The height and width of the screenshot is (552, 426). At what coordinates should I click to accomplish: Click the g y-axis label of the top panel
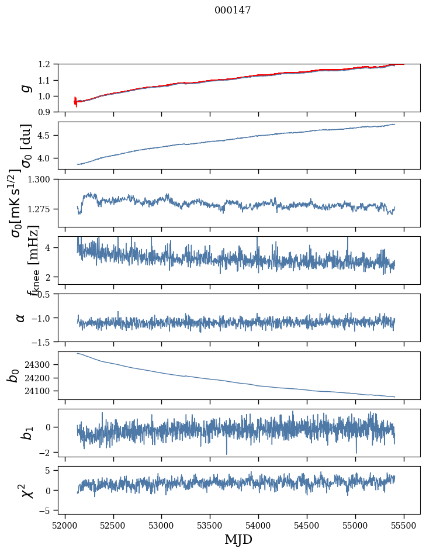pyautogui.click(x=24, y=88)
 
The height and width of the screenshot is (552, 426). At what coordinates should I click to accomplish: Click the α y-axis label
pyautogui.click(x=21, y=318)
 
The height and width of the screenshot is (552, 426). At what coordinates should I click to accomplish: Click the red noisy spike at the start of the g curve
pyautogui.click(x=75, y=101)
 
